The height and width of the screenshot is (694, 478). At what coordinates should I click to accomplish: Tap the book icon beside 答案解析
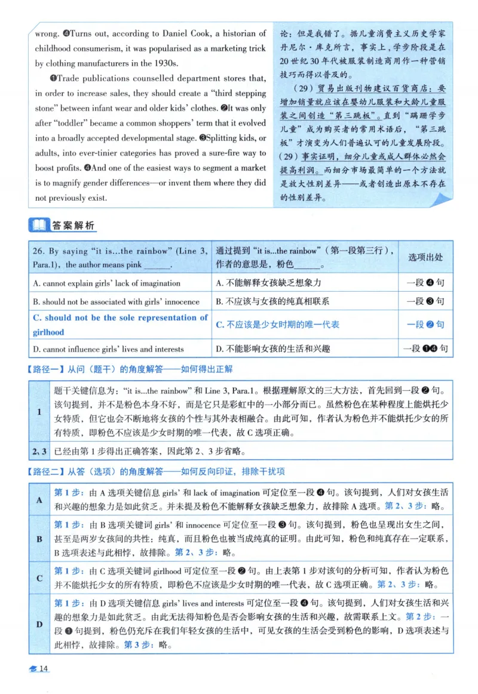38,225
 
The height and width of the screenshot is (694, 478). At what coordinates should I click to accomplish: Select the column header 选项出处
425,257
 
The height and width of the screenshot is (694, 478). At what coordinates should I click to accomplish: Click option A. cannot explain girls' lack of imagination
106,283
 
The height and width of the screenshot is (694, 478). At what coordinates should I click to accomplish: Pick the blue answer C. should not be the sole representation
120,325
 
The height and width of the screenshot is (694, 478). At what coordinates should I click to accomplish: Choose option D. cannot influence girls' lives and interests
109,348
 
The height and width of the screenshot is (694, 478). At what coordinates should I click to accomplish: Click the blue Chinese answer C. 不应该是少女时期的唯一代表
278,325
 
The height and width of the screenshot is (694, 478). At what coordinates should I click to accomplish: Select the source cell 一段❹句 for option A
425,283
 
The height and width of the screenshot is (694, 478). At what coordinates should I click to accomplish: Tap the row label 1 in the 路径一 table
38,412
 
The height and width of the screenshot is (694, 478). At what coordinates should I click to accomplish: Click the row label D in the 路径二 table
38,625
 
